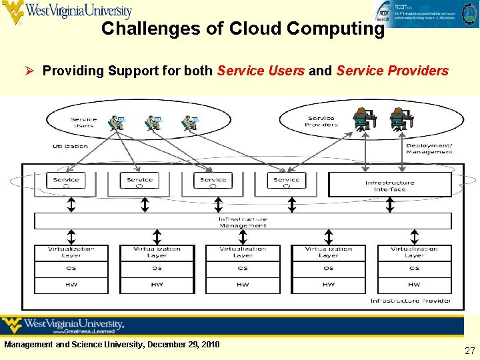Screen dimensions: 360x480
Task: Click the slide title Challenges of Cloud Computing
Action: [x=243, y=29]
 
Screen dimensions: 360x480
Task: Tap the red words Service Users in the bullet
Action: [x=261, y=71]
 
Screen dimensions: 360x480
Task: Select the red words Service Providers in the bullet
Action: [x=392, y=71]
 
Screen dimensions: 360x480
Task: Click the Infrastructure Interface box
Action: [x=389, y=185]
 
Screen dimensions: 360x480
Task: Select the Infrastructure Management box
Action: [x=243, y=222]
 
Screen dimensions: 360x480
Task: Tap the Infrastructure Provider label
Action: [x=411, y=301]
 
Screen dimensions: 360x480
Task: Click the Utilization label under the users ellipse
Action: [x=71, y=146]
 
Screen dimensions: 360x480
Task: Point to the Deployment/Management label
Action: [x=429, y=149]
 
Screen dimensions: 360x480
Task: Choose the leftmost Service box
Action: [x=66, y=180]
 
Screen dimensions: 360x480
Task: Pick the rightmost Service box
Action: [x=287, y=180]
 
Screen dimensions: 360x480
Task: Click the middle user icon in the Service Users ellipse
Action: [x=153, y=123]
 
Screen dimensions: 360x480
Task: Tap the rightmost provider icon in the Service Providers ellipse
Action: [x=399, y=119]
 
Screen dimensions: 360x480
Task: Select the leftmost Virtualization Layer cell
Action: [x=71, y=253]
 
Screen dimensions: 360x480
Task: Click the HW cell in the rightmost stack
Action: [x=414, y=285]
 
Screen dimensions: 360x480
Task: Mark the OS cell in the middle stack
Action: [x=243, y=269]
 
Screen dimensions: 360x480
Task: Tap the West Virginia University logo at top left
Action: [x=67, y=11]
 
